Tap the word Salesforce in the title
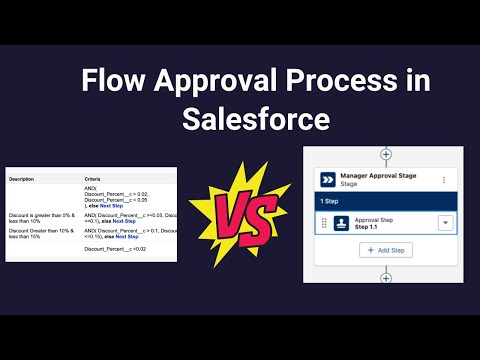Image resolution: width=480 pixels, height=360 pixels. pyautogui.click(x=256, y=119)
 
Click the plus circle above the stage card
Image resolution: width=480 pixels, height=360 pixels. pyautogui.click(x=386, y=155)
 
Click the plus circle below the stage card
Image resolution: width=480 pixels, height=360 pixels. pyautogui.click(x=386, y=277)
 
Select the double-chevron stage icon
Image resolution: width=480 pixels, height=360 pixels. pyautogui.click(x=328, y=180)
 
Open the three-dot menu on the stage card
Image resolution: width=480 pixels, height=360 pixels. pyautogui.click(x=444, y=180)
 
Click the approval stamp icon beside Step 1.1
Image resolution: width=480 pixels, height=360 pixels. pyautogui.click(x=341, y=224)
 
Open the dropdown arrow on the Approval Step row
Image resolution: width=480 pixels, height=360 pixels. pyautogui.click(x=444, y=224)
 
